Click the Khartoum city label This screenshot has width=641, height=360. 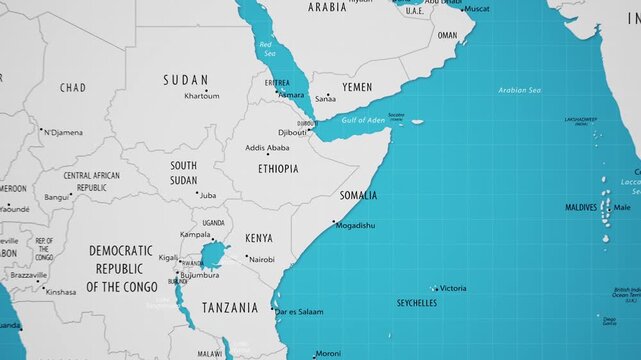[x=202, y=96]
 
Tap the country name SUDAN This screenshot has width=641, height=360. [x=187, y=80]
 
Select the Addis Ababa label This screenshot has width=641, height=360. [x=267, y=148]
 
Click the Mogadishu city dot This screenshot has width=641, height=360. [x=334, y=222]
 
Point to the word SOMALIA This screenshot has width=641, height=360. [x=358, y=195]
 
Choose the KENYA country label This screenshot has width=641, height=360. [x=259, y=238]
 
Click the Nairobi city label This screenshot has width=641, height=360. [x=262, y=259]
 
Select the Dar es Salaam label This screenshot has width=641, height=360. [x=300, y=312]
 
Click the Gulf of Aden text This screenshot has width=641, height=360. [x=363, y=121]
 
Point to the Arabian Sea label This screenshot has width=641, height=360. [x=520, y=91]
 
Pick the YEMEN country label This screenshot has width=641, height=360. [x=357, y=87]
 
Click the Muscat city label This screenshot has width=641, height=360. [x=478, y=9]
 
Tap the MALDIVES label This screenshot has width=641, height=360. [x=580, y=207]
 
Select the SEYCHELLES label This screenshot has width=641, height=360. [x=416, y=302]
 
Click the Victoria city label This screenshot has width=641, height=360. [x=453, y=288]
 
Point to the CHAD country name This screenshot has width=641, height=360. [x=73, y=88]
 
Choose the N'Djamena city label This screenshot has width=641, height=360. [x=63, y=132]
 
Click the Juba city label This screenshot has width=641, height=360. [x=208, y=195]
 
